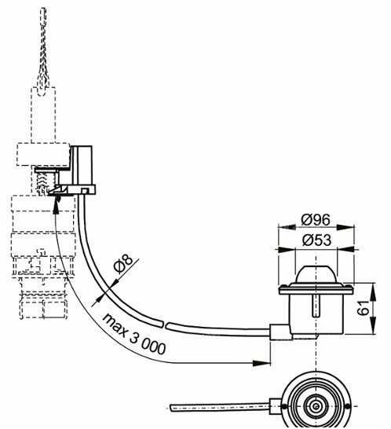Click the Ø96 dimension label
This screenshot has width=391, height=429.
point(318,220)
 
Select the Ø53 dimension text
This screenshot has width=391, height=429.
point(318,240)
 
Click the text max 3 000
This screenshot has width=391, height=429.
point(133,333)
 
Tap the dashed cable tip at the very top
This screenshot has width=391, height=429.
point(42,20)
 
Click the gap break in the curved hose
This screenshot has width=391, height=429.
point(163,321)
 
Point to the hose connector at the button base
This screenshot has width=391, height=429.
point(278,333)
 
